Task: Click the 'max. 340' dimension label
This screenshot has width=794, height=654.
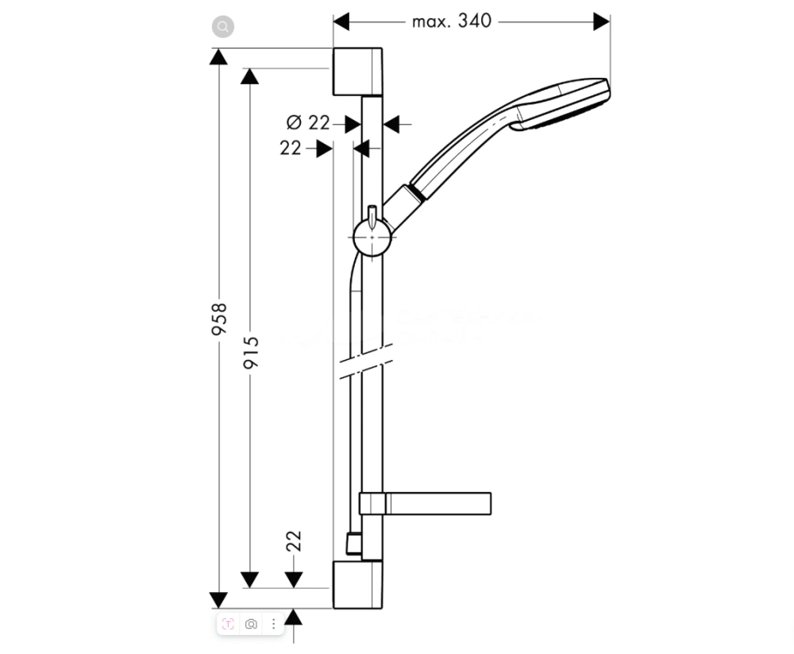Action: point(452,21)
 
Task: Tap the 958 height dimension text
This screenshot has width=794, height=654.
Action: point(220,318)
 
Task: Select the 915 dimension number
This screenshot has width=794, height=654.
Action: point(251,352)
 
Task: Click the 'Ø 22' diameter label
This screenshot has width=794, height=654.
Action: point(308,123)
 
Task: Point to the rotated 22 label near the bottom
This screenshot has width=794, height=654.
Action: point(295,542)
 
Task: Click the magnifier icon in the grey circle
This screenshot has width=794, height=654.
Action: point(223,27)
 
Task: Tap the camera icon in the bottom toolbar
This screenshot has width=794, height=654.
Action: point(251,625)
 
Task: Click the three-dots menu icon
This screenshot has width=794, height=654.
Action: point(273,625)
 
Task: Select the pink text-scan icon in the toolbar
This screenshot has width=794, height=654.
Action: point(228,625)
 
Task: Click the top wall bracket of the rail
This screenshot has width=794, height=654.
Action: point(357,72)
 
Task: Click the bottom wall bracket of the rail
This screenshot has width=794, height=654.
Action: point(357,585)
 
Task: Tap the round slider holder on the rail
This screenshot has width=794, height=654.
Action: point(372,238)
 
